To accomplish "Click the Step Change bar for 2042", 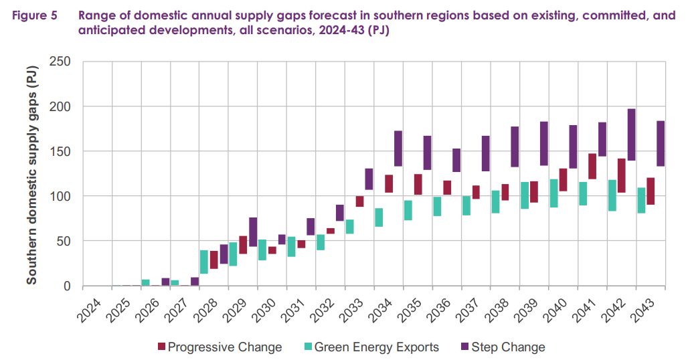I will tap(631, 134).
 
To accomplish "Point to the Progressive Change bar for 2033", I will tap(359, 201).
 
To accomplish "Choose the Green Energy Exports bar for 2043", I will tap(641, 200).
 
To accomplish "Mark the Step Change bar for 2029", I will tap(252, 232).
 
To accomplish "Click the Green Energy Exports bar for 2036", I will tap(437, 206).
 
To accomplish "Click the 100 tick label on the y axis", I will tap(62, 196).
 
